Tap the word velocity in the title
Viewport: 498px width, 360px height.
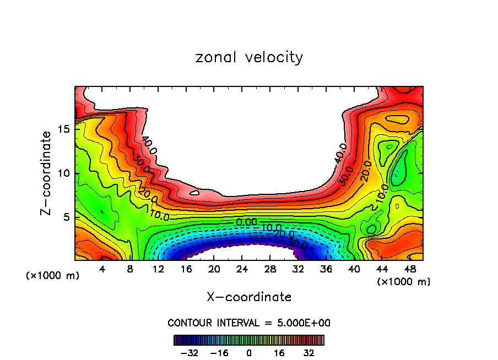[x=274, y=57]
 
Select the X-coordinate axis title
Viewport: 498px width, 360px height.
[x=249, y=297]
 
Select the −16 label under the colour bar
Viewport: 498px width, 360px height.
[x=219, y=352]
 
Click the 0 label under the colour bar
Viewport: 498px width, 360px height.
[x=249, y=352]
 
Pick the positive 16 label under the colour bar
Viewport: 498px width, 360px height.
[x=279, y=352]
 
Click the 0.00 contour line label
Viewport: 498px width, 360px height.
[x=246, y=222]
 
